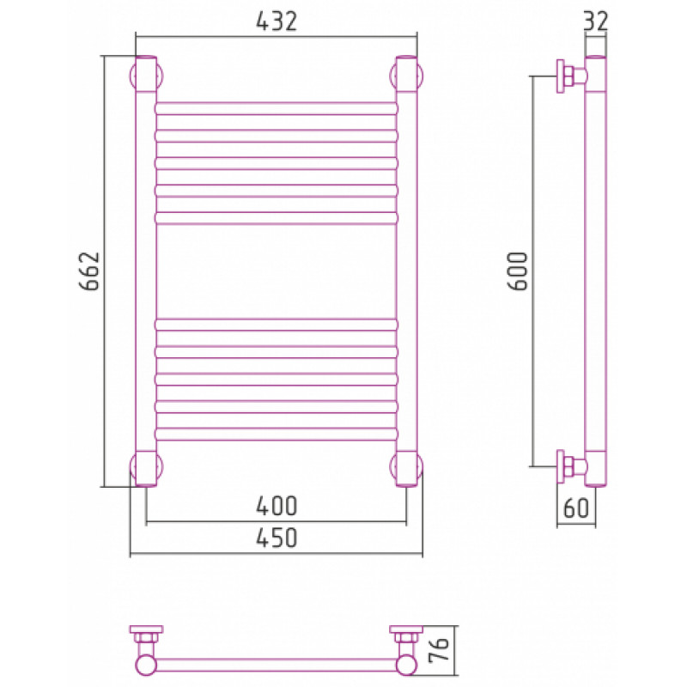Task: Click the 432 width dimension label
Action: pos(277,21)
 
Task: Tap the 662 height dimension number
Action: pos(90,271)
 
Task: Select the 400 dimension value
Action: pos(277,506)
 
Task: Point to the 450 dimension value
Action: pos(277,538)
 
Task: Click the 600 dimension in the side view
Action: pos(518,271)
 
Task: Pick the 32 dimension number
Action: pos(596,21)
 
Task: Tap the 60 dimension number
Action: pos(575,508)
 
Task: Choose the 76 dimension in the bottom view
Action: pos(440,650)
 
